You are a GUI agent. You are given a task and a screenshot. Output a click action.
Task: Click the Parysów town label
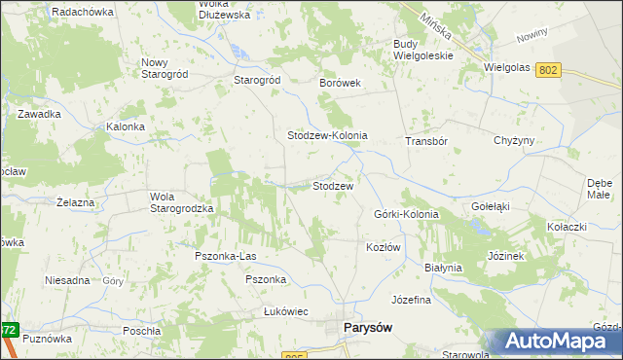point(368,328)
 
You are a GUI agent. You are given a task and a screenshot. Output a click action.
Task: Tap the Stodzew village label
point(332,185)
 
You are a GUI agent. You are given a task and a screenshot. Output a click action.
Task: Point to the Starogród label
point(257,80)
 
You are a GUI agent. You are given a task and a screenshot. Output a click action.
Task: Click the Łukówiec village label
point(285,311)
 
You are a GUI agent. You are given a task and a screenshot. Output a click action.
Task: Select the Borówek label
point(341,83)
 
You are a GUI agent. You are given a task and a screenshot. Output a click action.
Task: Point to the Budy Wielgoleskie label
point(423,50)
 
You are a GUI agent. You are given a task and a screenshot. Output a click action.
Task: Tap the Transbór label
point(425,141)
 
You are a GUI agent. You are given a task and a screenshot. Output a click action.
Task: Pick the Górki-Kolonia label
point(406,214)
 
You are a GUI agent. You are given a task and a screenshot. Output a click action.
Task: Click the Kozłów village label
point(384,247)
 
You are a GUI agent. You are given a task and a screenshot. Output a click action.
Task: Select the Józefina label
point(410,300)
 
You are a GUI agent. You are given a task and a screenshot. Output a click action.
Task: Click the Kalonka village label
point(126,126)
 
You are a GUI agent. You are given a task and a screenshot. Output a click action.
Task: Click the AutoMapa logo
point(557,342)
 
